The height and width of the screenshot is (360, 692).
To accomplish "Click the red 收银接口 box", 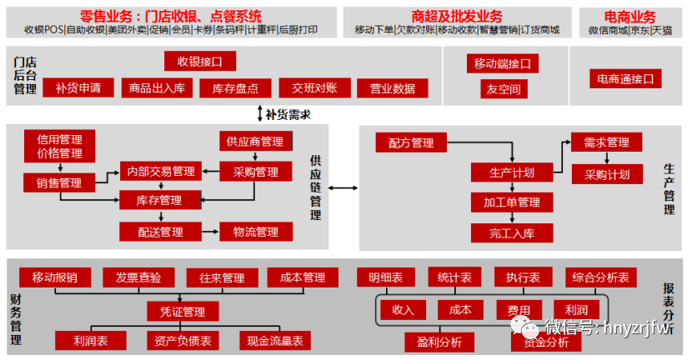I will click(x=200, y=61).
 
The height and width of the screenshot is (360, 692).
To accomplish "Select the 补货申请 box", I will click(x=78, y=87).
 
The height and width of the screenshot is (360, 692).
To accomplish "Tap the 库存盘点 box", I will click(x=235, y=87).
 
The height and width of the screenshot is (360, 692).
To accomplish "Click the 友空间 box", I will click(x=503, y=88).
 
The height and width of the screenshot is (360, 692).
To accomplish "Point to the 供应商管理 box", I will click(x=255, y=142).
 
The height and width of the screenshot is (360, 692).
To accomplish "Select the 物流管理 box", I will click(x=255, y=231).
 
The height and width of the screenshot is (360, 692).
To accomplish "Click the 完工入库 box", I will click(x=507, y=232).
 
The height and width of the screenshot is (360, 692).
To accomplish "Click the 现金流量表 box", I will click(x=275, y=340).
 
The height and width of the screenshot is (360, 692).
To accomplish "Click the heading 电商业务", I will click(x=629, y=17).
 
